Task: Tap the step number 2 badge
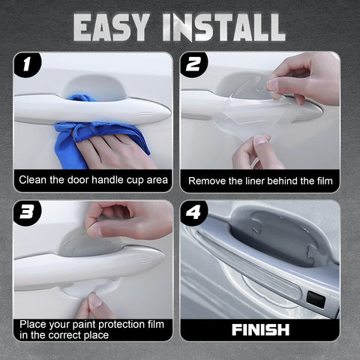point(193,65)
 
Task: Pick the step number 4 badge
point(193,213)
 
